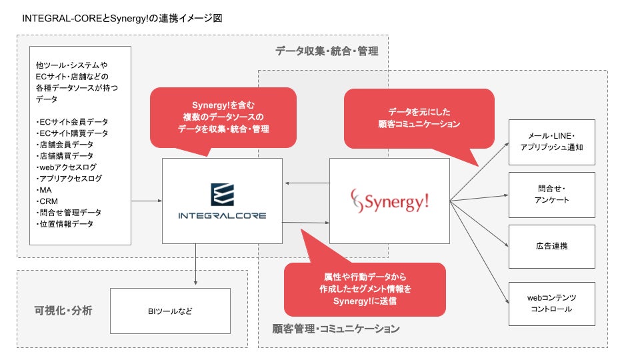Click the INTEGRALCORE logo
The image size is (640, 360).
coord(222,201)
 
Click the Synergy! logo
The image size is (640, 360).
coord(389,200)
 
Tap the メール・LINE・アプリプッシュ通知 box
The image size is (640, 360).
coord(551,142)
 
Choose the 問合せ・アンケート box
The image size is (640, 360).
coord(551,195)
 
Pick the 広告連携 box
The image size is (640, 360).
coord(551,246)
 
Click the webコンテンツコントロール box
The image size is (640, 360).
coord(551,303)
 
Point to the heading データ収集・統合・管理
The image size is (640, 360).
coord(327,51)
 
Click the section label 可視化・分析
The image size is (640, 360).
coord(63,311)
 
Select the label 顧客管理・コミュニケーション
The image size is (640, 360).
coord(336,329)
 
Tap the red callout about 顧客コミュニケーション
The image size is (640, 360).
coord(419,118)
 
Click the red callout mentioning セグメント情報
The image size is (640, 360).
coord(365,289)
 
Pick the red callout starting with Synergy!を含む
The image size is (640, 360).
coord(223,117)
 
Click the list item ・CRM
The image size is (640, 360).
coord(48,201)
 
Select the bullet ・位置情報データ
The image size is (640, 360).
coord(65,224)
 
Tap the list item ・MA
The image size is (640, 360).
coord(45,190)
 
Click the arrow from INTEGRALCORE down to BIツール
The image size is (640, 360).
coord(196,264)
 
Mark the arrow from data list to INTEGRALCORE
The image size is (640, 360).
coord(147,200)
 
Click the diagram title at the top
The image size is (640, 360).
coord(122,18)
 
